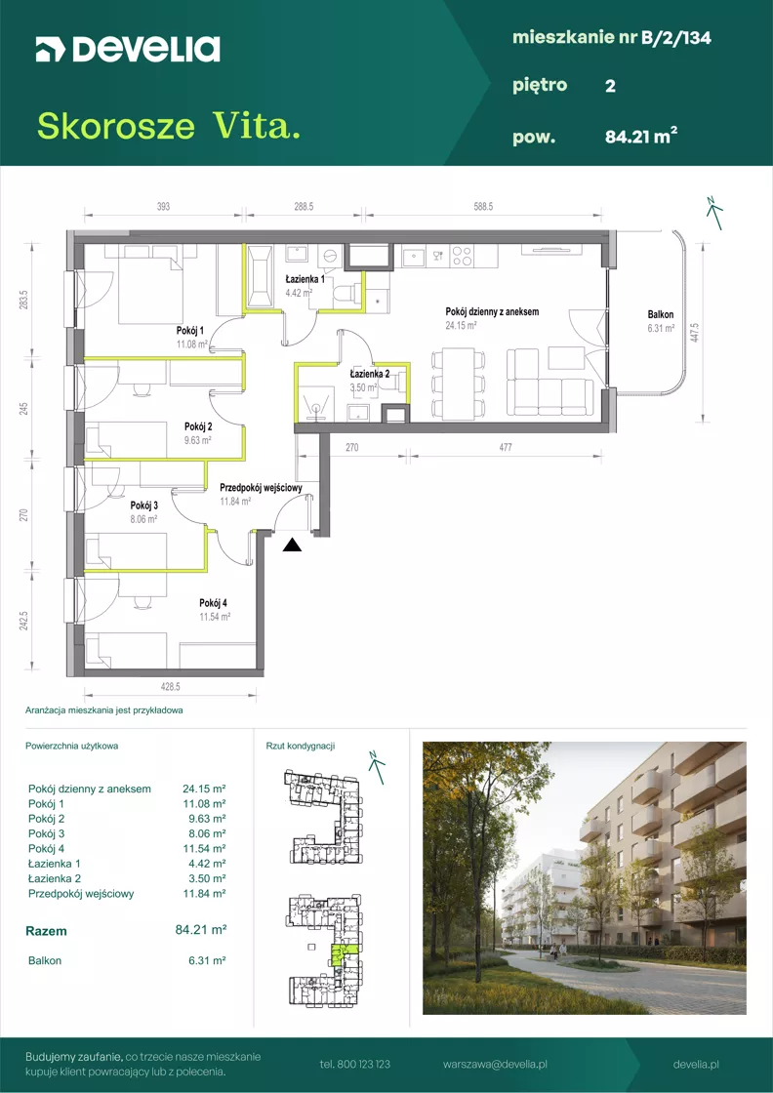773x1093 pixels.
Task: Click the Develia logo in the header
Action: click(x=128, y=49)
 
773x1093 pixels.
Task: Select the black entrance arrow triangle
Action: click(x=293, y=546)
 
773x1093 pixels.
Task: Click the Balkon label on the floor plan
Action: click(x=659, y=314)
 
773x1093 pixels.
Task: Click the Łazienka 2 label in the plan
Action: click(x=370, y=374)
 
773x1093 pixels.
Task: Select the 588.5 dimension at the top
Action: click(x=482, y=206)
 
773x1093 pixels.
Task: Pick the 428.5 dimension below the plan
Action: click(x=170, y=687)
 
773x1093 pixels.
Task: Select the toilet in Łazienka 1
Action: click(x=344, y=295)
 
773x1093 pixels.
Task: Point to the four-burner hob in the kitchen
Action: click(x=462, y=256)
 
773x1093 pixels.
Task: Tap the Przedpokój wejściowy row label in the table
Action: click(x=81, y=894)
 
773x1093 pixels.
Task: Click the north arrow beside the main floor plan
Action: click(x=713, y=212)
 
